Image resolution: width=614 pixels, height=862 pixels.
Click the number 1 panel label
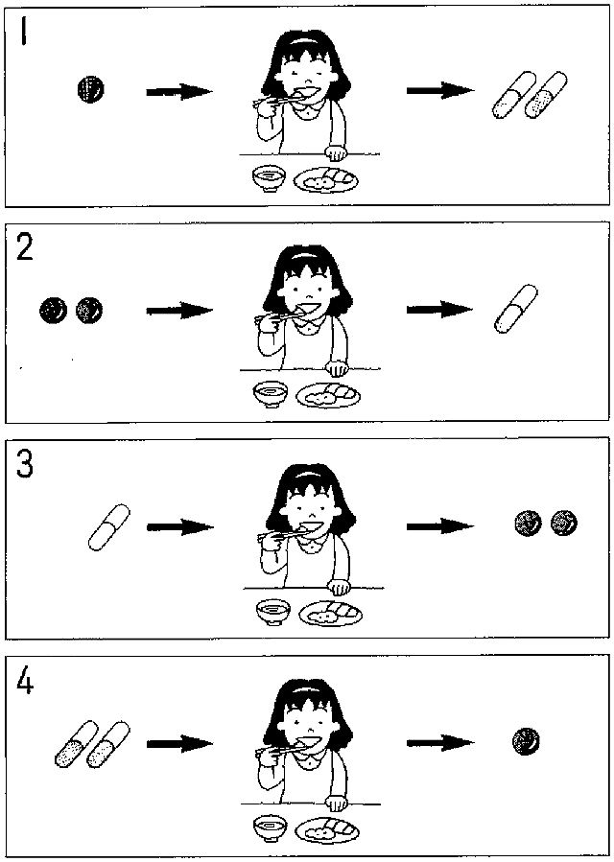(x=23, y=33)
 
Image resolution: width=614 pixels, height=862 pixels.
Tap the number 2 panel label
(x=25, y=249)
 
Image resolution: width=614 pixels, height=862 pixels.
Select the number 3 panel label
(x=25, y=465)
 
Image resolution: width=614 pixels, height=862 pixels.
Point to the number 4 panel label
(x=25, y=683)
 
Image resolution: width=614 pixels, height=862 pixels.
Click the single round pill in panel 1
(x=91, y=89)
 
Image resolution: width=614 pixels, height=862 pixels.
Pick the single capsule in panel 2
(x=515, y=309)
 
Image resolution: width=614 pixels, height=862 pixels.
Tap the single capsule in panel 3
(x=109, y=527)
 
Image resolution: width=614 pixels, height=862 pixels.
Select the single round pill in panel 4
(x=526, y=741)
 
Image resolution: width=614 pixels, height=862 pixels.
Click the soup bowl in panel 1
(x=269, y=179)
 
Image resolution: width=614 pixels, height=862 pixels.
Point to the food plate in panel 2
(x=328, y=395)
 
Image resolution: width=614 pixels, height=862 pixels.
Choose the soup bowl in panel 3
(x=273, y=613)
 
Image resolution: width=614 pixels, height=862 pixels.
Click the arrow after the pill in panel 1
(x=179, y=92)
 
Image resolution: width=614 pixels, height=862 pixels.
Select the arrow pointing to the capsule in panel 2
(x=439, y=310)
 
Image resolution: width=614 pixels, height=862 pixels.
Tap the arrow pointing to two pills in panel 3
(x=440, y=526)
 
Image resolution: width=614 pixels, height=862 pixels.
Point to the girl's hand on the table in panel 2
(x=338, y=367)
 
